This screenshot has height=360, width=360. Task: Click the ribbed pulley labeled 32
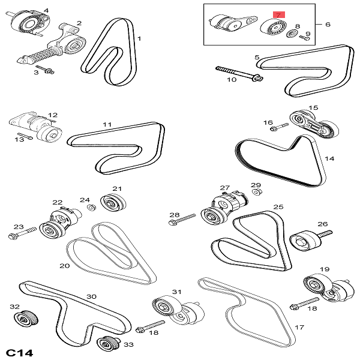coord(28,319)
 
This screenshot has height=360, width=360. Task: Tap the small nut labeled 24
coord(92,208)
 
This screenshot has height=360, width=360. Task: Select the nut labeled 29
coord(256,192)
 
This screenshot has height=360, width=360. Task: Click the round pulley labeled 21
coord(110,202)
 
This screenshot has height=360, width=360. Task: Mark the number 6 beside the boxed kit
coord(328,24)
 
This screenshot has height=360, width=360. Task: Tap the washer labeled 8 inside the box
coord(291,33)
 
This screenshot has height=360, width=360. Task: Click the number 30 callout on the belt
coord(91,296)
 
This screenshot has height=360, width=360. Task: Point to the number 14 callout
coord(329,159)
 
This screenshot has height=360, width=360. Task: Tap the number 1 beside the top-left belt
coord(140,40)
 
